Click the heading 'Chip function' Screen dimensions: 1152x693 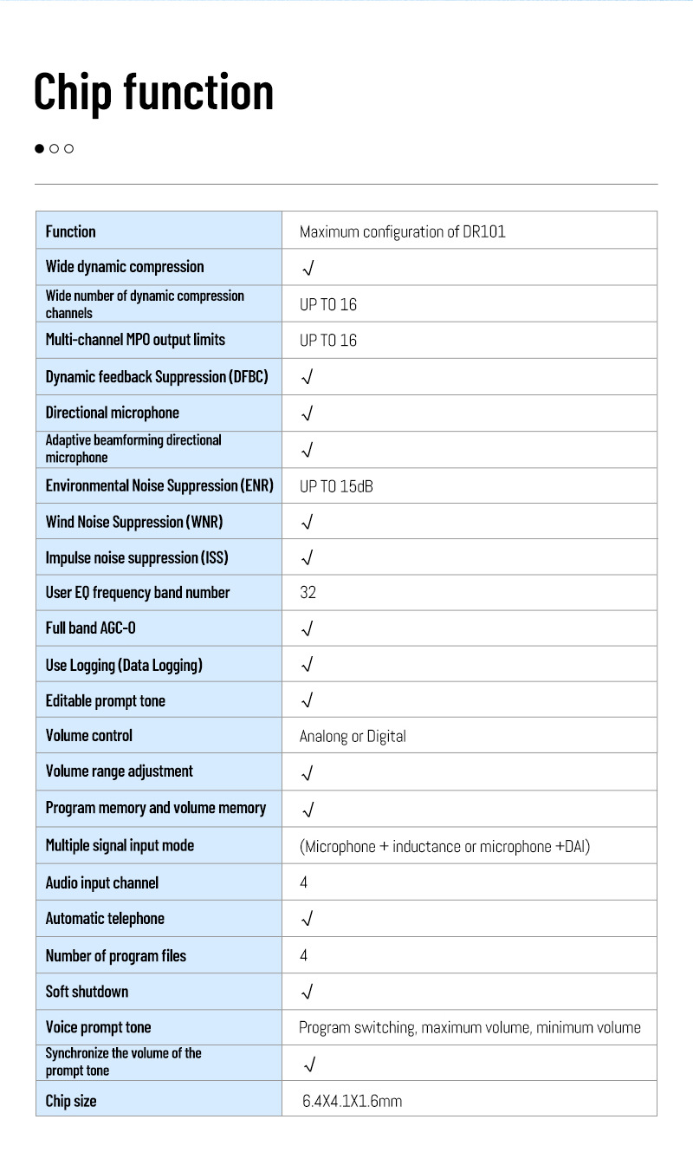tap(153, 92)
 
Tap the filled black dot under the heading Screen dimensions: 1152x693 tap(39, 148)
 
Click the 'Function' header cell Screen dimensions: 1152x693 tap(71, 231)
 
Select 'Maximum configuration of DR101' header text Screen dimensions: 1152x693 tap(402, 231)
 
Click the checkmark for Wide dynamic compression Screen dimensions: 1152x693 tap(308, 268)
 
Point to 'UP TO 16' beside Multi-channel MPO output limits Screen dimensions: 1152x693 tap(327, 341)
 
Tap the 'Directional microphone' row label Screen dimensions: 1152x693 tap(113, 413)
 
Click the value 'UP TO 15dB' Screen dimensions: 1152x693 tap(336, 486)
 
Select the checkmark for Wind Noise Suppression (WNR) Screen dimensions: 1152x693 tap(308, 522)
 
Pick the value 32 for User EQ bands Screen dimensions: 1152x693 tap(308, 593)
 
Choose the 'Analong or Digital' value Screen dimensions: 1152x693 tap(353, 736)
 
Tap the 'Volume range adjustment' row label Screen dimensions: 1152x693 tap(120, 771)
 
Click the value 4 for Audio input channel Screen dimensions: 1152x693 tap(304, 882)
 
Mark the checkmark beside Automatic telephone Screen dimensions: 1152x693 tap(308, 919)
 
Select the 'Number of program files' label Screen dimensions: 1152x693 tap(116, 956)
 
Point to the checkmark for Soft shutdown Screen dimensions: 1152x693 tap(308, 992)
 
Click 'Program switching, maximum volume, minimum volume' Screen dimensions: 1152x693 tap(470, 1028)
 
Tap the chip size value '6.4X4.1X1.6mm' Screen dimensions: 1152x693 tap(352, 1102)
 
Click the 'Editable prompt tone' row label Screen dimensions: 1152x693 tap(106, 700)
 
